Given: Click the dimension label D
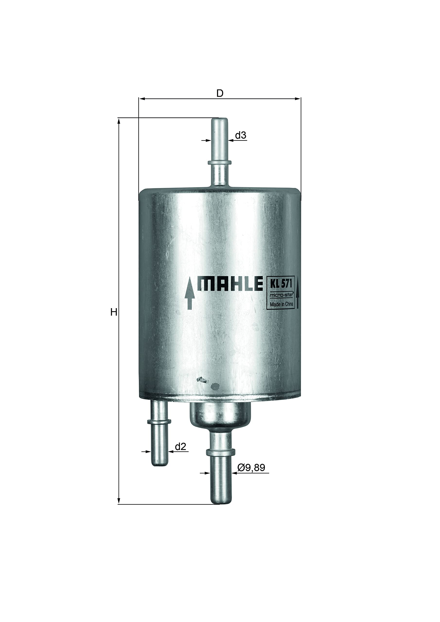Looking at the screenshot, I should [x=220, y=94].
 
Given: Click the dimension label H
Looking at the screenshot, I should [x=114, y=312].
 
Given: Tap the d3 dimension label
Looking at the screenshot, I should [x=240, y=135].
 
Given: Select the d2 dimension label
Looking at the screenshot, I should [x=181, y=446].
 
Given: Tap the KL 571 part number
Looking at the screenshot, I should [x=281, y=284].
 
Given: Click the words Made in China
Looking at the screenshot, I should [x=282, y=304].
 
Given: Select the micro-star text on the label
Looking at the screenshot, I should [x=281, y=295].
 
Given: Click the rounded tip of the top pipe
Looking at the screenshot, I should [x=219, y=120].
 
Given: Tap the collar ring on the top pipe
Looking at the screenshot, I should [x=220, y=163].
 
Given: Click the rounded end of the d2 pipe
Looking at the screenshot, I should [x=159, y=464].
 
